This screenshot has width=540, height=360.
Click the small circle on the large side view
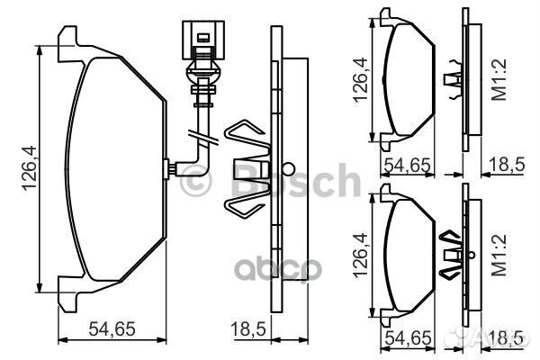click(287, 168)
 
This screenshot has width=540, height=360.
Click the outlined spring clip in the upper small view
click(453, 76)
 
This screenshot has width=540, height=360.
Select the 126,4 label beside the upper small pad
click(359, 78)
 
